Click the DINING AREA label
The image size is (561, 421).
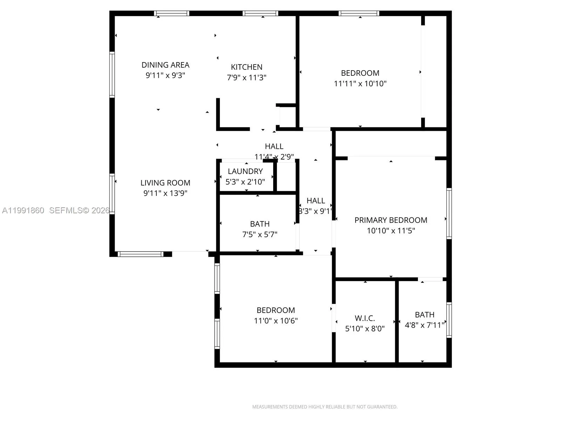point(165,65)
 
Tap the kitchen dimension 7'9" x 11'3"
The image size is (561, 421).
point(246,78)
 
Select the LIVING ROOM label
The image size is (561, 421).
point(165,183)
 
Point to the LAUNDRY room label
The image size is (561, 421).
point(245,171)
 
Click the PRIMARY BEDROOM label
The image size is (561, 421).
point(391,220)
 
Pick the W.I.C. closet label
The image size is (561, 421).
point(365,318)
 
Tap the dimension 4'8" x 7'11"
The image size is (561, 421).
point(425,325)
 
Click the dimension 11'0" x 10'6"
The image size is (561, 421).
point(276,321)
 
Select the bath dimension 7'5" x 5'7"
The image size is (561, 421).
point(259,234)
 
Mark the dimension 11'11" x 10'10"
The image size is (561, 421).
point(360,83)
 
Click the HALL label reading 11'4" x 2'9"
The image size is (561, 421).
point(274,146)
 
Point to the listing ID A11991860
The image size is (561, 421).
point(23,210)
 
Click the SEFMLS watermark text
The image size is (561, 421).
point(79,210)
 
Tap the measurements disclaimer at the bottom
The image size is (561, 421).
point(325,407)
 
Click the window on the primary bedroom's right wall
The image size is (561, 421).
point(449,214)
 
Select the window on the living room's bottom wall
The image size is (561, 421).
point(140,254)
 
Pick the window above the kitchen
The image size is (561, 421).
point(260,13)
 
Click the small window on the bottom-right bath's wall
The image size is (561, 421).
point(449,320)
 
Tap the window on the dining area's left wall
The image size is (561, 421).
point(112,74)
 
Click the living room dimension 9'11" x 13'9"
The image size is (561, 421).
point(165,193)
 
